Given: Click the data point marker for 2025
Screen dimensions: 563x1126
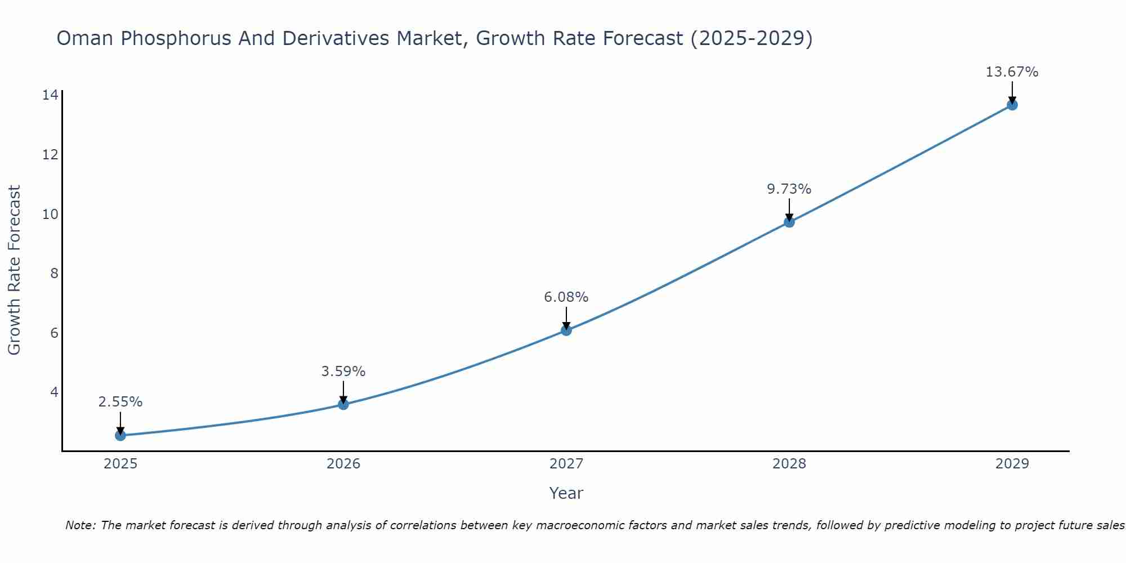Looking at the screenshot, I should click(120, 435).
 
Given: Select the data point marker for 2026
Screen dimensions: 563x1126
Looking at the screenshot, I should click(343, 404).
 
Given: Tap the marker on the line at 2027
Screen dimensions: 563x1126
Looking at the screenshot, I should click(566, 330).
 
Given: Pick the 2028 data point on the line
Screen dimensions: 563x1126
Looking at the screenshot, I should click(789, 222).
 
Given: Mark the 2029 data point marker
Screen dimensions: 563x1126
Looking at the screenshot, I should click(1012, 105).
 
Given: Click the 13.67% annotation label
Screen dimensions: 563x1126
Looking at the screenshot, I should click(1012, 72).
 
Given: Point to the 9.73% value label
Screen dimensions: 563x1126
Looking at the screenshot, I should click(789, 189).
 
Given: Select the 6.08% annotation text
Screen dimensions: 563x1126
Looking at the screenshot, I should click(566, 297).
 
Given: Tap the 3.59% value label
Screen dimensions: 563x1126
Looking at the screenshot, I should click(343, 372).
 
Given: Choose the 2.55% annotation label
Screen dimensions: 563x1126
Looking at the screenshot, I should click(120, 402).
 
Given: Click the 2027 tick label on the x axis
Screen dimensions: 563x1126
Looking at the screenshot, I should click(566, 464).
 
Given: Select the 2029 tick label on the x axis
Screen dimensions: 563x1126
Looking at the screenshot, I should click(1012, 464).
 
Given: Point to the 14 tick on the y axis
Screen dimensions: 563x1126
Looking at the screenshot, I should click(50, 95).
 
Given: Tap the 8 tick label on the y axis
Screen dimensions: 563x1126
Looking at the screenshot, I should click(54, 273).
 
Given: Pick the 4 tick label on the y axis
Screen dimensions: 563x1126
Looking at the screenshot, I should click(54, 392).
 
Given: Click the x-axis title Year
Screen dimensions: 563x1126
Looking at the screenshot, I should click(566, 493).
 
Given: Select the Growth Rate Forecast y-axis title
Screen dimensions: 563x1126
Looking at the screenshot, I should click(14, 270).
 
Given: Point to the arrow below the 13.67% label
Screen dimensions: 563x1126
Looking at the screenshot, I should click(1012, 91).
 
